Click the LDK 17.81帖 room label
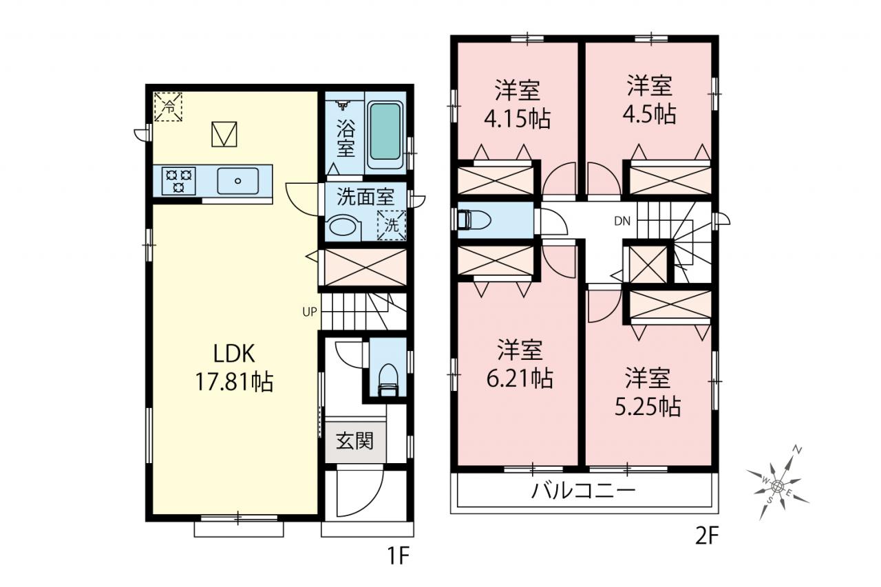tap(234, 367)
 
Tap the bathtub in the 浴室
tap(385, 131)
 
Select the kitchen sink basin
tap(237, 181)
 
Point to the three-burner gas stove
tap(179, 181)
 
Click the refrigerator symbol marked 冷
tap(169, 107)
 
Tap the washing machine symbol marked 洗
tap(392, 225)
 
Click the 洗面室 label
tap(365, 197)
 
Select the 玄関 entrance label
tap(354, 440)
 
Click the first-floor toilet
tap(388, 380)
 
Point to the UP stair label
tap(310, 312)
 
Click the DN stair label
tap(622, 222)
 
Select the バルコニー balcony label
tap(583, 491)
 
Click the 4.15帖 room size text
tap(517, 118)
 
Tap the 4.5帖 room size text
tap(649, 114)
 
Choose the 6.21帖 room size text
tap(520, 378)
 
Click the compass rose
tap(777, 486)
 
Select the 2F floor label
tap(707, 536)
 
